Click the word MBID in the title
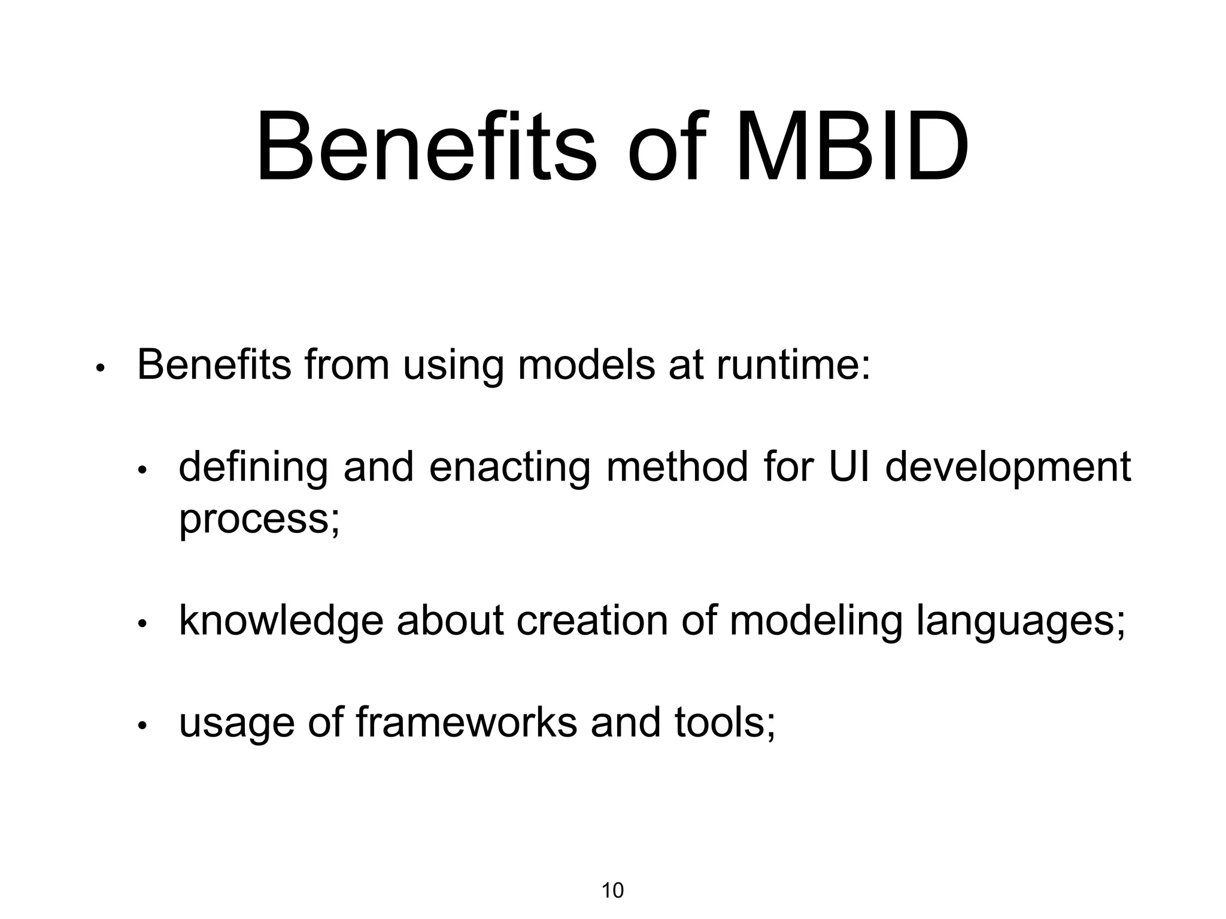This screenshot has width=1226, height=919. coord(851,147)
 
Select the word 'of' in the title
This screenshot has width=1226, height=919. coord(664,147)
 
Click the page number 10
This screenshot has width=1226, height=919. coord(612,891)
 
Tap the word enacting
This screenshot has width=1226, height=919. coord(509,468)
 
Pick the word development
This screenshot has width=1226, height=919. coord(1007,468)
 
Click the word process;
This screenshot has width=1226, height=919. coord(259,519)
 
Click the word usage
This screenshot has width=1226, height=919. coord(236,724)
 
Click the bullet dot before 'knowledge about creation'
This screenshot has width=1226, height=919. coord(142,625)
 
